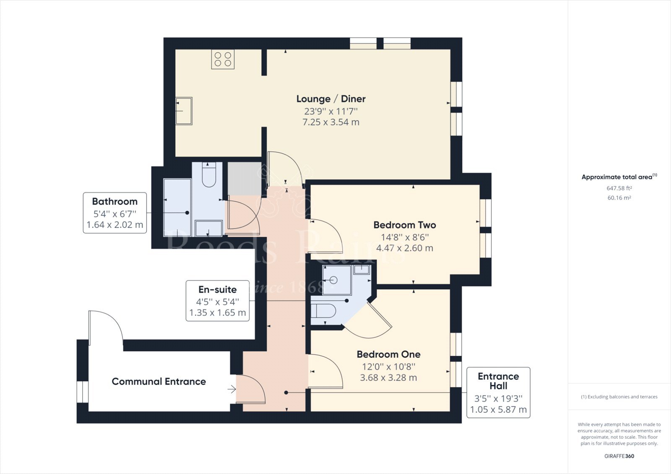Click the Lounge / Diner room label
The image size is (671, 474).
coord(331,99)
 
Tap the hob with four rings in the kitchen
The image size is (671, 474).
coord(223,59)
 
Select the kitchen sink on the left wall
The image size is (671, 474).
coord(184,111)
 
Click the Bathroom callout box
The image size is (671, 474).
coord(114,213)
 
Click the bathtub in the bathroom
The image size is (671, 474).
coord(177,205)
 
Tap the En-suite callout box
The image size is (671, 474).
coord(217,301)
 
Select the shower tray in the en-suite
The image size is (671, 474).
coord(337,280)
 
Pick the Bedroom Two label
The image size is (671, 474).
coord(405,225)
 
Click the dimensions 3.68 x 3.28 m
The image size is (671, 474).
coord(388,378)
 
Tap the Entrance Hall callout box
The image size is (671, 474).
coord(498,393)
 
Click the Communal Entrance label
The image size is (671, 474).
coord(159,381)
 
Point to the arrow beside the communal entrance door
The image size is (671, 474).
coord(231,389)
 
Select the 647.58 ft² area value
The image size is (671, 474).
coord(619,189)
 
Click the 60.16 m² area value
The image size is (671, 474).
coord(619,198)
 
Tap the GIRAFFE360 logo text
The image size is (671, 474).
coord(619,456)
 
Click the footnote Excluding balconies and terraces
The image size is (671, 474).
coord(619,396)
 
